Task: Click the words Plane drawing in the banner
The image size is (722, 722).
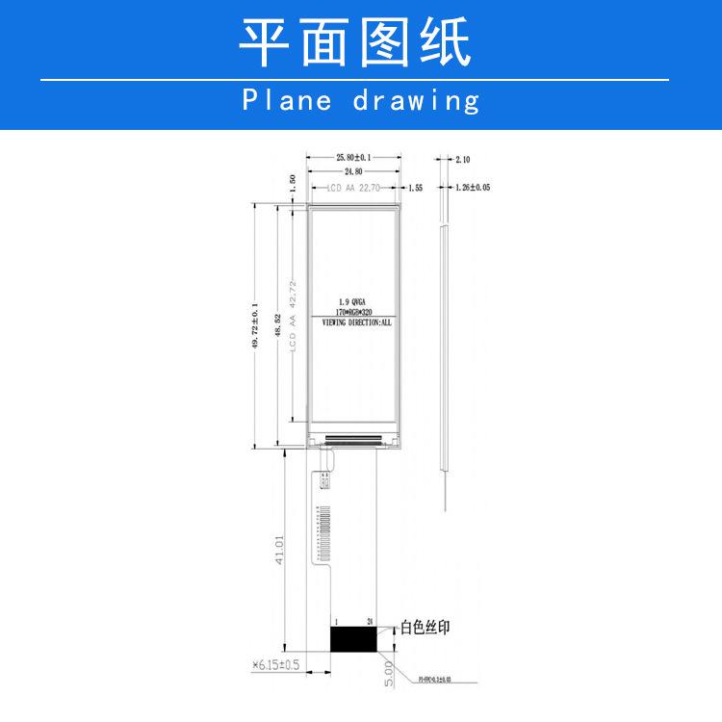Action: tap(360, 100)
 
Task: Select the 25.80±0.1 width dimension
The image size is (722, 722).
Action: tap(353, 157)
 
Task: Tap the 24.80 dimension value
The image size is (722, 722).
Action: tap(353, 171)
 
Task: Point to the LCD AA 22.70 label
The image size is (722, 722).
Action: tap(352, 189)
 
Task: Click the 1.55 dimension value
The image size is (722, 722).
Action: tap(416, 189)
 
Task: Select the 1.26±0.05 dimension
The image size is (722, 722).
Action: tap(472, 189)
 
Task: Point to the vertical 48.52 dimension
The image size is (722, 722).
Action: tap(277, 325)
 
